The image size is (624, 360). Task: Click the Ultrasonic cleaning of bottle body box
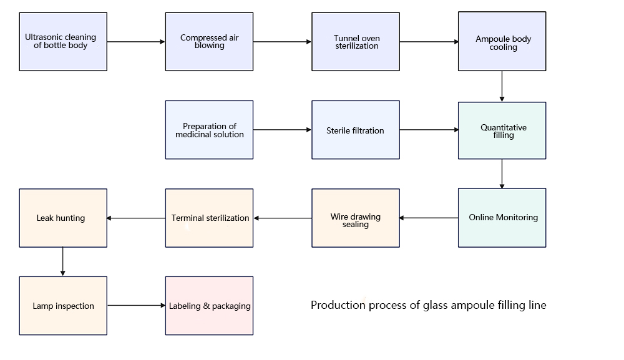pos(63,42)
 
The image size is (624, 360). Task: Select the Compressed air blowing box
pos(209,42)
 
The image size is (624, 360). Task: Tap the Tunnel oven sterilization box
pos(356,42)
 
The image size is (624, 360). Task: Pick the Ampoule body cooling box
pos(502,42)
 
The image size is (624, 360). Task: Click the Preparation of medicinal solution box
pos(209,130)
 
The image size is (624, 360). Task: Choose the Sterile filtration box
pos(356,130)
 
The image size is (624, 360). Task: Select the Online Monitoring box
pos(502,218)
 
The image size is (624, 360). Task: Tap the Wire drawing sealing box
pos(356,218)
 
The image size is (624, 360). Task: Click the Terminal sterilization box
pos(209,218)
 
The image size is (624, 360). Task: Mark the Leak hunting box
pos(63,218)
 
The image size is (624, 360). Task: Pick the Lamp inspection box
pos(63,306)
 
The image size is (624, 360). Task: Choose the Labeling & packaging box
pos(209,306)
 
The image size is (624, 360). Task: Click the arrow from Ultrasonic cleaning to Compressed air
pos(136,42)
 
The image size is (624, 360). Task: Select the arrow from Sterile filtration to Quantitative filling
pos(429,130)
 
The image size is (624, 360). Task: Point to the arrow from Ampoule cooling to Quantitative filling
pos(502,86)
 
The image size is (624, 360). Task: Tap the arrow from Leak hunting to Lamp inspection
pos(63,261)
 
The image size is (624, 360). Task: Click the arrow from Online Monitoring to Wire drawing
pos(429,218)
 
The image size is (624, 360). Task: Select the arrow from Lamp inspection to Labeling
pos(136,306)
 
